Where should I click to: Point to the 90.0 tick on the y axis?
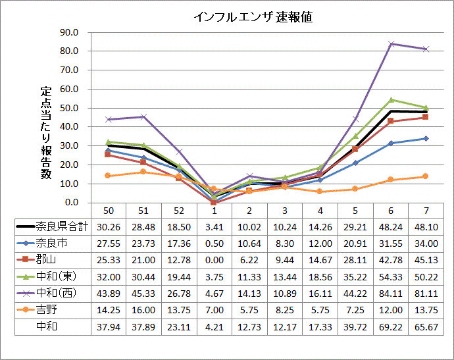point(68,32)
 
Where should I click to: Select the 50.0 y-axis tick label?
point(68,108)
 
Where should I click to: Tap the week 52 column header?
point(179,210)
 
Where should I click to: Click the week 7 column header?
point(426,210)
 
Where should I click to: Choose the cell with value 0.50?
point(214,243)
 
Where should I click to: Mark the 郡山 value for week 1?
point(214,259)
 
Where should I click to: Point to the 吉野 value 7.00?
point(214,309)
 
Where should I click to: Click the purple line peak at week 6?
point(391,43)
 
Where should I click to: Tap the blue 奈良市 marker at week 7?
point(426,138)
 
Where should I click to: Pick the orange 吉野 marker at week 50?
point(108,176)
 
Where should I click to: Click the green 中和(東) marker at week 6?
point(391,100)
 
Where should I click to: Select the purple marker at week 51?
point(143,116)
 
